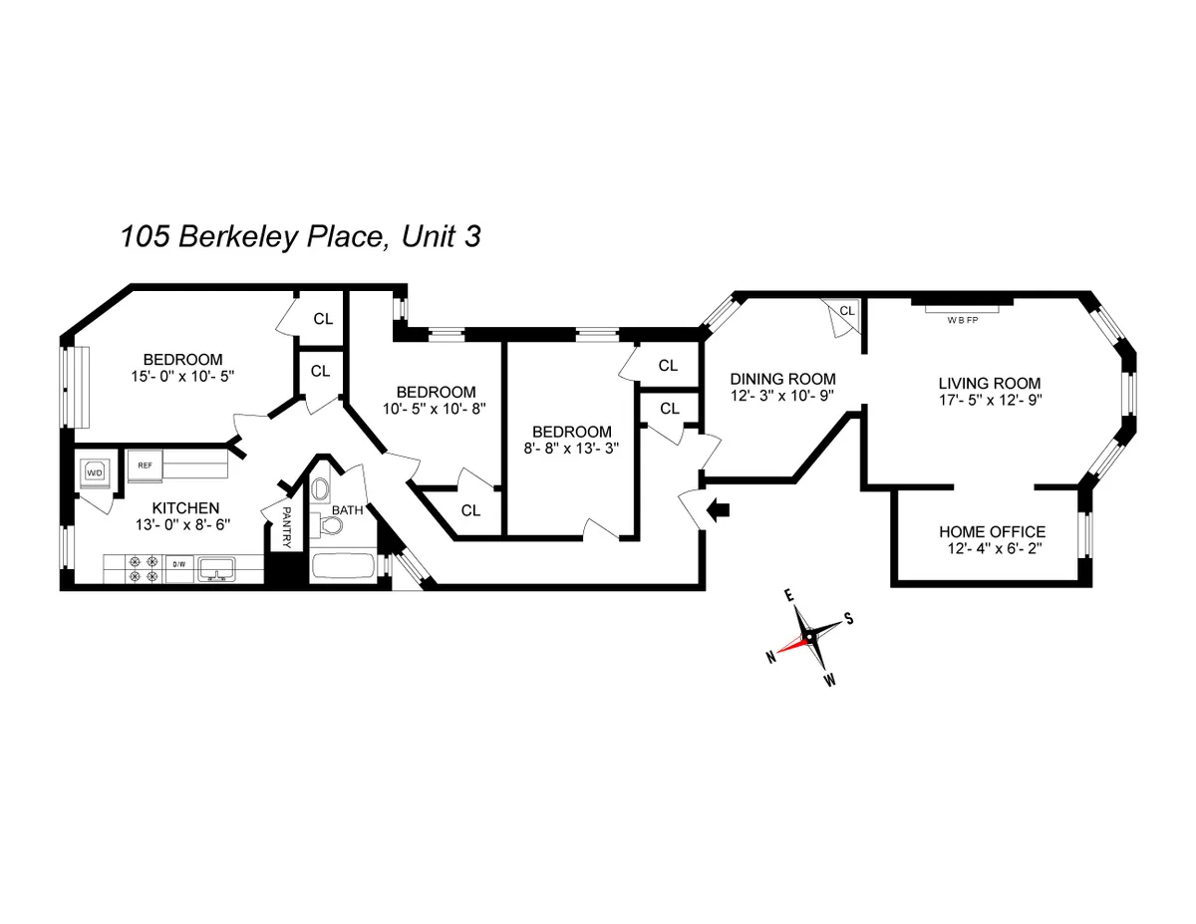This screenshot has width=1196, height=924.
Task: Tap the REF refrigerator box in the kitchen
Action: click(x=144, y=464)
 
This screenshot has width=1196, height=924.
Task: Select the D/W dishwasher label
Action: click(x=179, y=565)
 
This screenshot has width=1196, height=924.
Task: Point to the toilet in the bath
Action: click(x=321, y=490)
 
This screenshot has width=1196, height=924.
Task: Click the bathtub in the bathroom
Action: click(x=343, y=567)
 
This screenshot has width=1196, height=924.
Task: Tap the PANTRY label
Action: click(x=286, y=525)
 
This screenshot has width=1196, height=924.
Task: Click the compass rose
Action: click(x=810, y=636)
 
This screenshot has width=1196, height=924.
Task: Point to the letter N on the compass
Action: click(x=770, y=656)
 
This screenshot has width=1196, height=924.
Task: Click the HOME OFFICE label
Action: click(x=993, y=531)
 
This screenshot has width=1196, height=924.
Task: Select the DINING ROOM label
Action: click(x=782, y=379)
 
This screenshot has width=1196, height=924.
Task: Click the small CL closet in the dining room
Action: click(x=845, y=313)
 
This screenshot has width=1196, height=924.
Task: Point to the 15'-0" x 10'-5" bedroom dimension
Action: click(x=182, y=377)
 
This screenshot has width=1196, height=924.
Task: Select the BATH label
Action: click(x=348, y=509)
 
